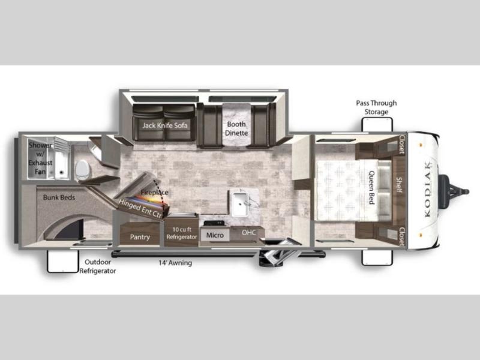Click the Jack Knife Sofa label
click(164, 125)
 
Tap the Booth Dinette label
click(236, 128)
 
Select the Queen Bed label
click(371, 187)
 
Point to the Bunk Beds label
click(59, 197)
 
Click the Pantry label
click(140, 237)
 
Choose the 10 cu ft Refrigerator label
click(182, 233)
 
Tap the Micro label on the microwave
click(215, 235)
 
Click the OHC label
click(249, 233)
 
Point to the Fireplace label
click(155, 192)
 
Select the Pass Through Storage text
click(376, 107)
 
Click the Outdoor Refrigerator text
click(98, 266)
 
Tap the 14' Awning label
click(175, 263)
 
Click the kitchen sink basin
click(241, 203)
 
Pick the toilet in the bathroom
click(82, 170)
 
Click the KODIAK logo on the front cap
click(427, 190)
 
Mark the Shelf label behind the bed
click(399, 185)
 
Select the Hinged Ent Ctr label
click(140, 208)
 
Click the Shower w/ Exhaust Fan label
click(40, 158)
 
